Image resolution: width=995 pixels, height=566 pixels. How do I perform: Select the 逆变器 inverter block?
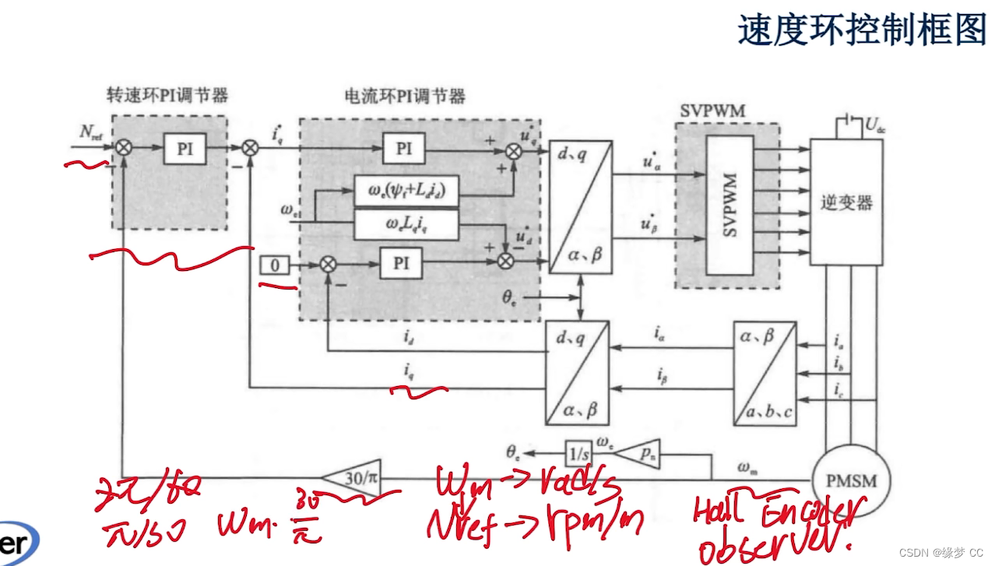click(846, 202)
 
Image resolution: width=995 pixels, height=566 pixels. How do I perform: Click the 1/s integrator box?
click(578, 451)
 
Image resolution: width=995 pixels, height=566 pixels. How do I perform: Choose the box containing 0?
click(274, 265)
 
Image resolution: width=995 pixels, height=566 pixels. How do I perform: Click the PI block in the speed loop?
click(185, 148)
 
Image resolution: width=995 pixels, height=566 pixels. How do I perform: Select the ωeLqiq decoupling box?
click(406, 225)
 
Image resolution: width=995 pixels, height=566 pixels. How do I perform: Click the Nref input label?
click(90, 132)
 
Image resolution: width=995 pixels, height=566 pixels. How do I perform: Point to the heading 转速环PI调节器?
click(167, 96)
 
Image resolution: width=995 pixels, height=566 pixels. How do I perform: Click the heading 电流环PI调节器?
click(405, 97)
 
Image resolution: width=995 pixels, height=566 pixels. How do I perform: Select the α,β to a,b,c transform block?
click(765, 373)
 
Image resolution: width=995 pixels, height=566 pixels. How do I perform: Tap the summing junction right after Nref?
click(124, 148)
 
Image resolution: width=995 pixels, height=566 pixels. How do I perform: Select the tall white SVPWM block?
click(730, 204)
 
